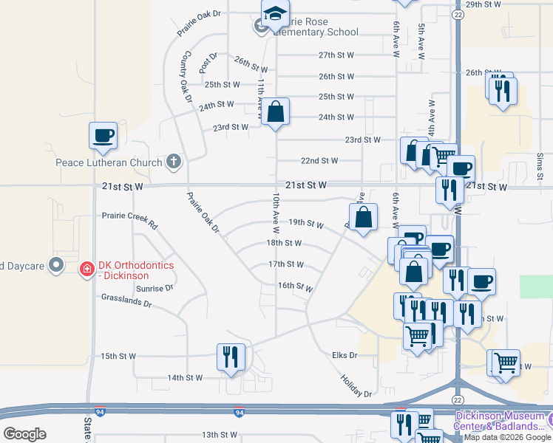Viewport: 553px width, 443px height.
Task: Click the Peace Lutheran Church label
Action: tap(109, 162)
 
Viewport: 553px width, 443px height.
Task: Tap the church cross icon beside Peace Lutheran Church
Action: tap(174, 162)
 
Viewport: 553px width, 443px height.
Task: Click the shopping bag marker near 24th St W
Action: tap(276, 113)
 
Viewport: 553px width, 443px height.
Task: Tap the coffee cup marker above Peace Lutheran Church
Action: tap(103, 136)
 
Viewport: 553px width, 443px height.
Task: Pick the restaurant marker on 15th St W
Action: tap(231, 357)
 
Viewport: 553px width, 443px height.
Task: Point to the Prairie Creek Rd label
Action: tap(130, 219)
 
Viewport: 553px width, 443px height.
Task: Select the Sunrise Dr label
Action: tap(155, 288)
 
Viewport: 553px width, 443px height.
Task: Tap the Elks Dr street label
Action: tap(344, 355)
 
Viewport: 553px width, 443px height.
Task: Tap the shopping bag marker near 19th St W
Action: tap(363, 218)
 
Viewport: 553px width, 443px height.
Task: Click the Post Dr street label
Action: tap(208, 62)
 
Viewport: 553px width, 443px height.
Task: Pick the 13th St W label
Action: tap(219, 435)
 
